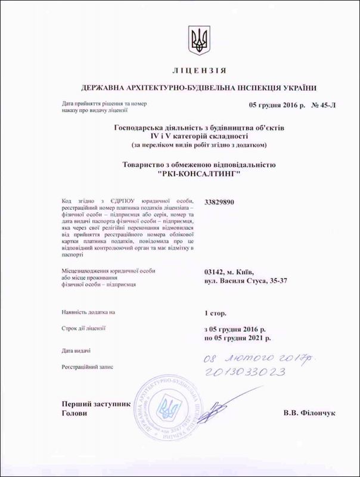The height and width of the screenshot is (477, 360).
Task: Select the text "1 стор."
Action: coord(215,312)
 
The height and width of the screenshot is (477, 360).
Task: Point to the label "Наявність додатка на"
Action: coord(88,312)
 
